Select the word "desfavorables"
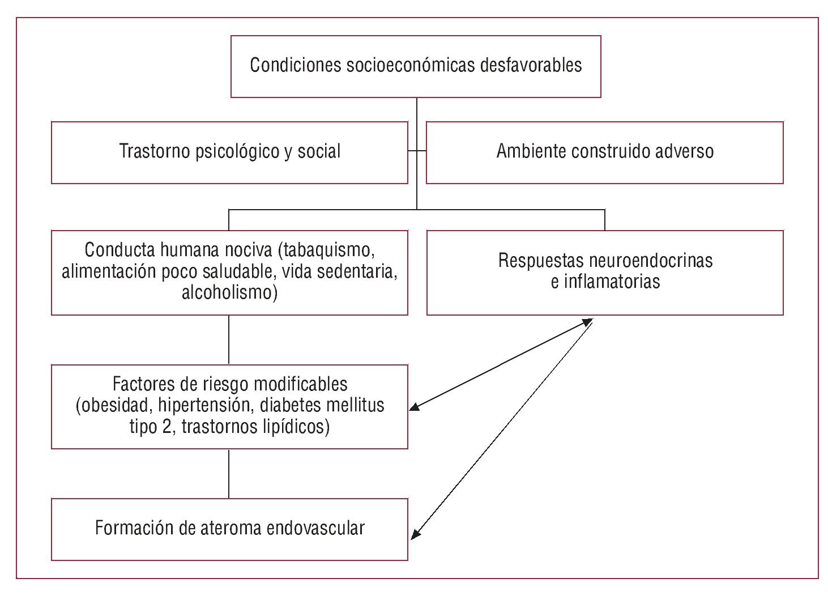click(531, 65)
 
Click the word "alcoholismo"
click(229, 292)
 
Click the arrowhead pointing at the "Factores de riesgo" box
click(414, 406)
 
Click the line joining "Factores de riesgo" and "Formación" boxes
click(229, 474)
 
